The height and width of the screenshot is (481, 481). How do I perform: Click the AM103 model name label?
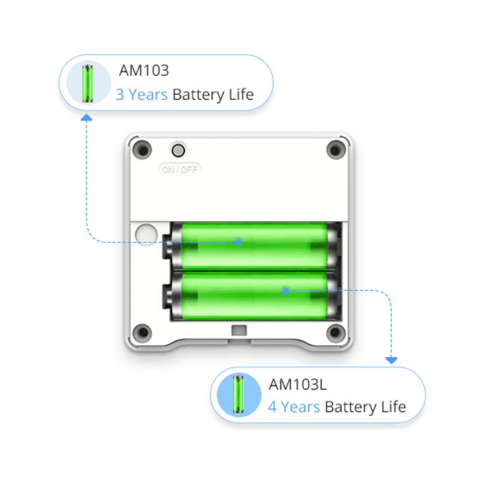pyautogui.click(x=144, y=71)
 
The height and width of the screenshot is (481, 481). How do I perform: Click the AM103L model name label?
pyautogui.click(x=298, y=384)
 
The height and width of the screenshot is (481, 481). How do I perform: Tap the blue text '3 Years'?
pyautogui.click(x=141, y=95)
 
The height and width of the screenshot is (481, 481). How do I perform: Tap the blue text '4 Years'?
pyautogui.click(x=294, y=407)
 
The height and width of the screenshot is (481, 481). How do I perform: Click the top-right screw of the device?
pyautogui.click(x=334, y=149)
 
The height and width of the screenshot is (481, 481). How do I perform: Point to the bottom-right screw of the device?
pyautogui.click(x=335, y=332)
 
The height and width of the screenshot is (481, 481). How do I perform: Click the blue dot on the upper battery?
pyautogui.click(x=238, y=241)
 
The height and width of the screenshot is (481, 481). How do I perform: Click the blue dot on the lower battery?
pyautogui.click(x=285, y=289)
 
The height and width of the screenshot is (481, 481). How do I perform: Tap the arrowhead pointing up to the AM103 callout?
pyautogui.click(x=86, y=118)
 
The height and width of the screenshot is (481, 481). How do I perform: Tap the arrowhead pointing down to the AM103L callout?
pyautogui.click(x=391, y=361)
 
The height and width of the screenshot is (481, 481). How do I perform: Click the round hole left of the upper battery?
pyautogui.click(x=144, y=234)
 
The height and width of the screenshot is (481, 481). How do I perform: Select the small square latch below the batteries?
pyautogui.click(x=240, y=330)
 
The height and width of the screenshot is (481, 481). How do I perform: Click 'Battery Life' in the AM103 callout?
pyautogui.click(x=213, y=95)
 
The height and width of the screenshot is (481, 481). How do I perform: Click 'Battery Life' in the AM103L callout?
pyautogui.click(x=365, y=407)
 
